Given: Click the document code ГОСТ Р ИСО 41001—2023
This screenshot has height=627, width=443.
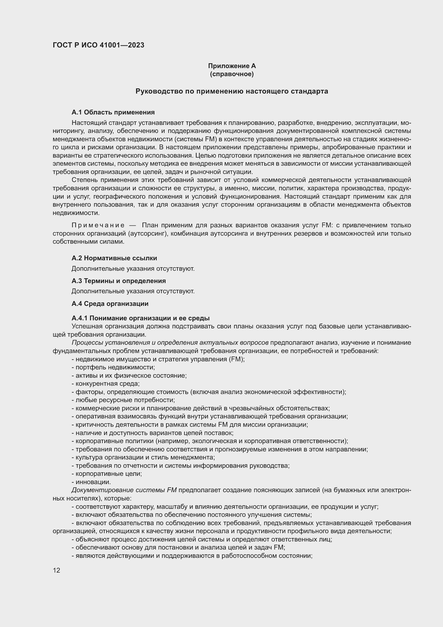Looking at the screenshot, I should [x=99, y=45].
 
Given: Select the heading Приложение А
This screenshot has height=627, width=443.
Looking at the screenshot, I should [x=232, y=66].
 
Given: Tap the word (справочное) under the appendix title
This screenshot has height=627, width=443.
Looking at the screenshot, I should [x=232, y=74].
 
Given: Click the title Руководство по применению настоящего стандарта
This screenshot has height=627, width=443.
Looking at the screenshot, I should [x=232, y=91].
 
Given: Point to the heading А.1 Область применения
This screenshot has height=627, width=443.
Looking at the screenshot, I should [x=113, y=112].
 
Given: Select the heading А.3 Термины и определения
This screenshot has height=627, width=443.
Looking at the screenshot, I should [x=118, y=281].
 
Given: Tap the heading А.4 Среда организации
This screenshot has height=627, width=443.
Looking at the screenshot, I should [x=110, y=304].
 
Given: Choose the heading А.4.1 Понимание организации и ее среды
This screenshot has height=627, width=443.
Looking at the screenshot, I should [x=141, y=318].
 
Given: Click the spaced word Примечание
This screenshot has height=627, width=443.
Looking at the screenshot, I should [x=98, y=225].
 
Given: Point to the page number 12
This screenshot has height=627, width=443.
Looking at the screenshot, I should [x=57, y=570].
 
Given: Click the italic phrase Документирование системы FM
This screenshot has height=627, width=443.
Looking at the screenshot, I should [x=124, y=490].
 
